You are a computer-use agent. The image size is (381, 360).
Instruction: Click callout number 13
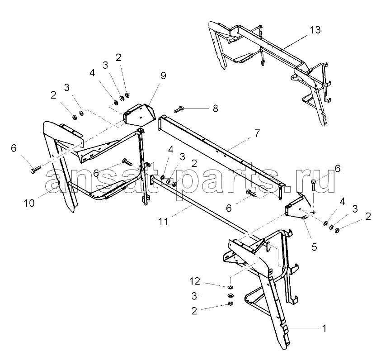pyautogui.click(x=315, y=30)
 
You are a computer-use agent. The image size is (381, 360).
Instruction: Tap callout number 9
pyautogui.click(x=163, y=76)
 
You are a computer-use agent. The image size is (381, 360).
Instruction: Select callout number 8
pyautogui.click(x=215, y=109)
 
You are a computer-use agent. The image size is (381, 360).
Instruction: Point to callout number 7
pyautogui.click(x=257, y=133)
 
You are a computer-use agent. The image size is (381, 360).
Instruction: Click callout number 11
pyautogui.click(x=163, y=222)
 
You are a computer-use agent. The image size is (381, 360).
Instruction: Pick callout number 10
pyautogui.click(x=29, y=203)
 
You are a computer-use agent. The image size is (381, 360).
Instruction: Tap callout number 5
pyautogui.click(x=314, y=247)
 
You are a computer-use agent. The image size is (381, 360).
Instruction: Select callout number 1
pyautogui.click(x=324, y=329)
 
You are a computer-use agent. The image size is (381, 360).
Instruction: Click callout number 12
pyautogui.click(x=195, y=281)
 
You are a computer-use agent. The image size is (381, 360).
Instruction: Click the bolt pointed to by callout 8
pyautogui.click(x=179, y=109)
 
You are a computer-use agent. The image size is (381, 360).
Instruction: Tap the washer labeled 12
pyautogui.click(x=230, y=288)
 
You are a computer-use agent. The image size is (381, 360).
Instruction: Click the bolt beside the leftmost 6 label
pyautogui.click(x=35, y=169)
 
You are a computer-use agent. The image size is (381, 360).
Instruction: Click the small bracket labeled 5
pyautogui.click(x=297, y=207)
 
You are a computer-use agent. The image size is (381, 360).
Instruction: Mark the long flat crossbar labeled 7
pyautogui.click(x=222, y=157)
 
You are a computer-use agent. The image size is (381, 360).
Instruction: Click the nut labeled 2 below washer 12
pyautogui.click(x=230, y=303)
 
